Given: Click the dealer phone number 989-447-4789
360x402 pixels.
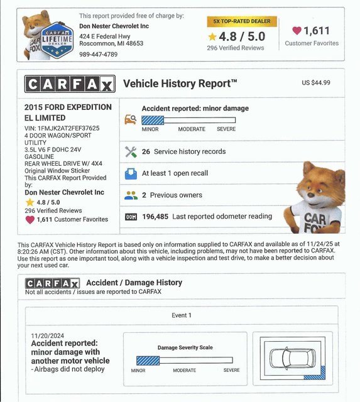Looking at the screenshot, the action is (99, 55).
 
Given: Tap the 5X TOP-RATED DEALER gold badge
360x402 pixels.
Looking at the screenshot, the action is (242, 21).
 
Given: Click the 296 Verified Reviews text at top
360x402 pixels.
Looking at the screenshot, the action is (236, 48).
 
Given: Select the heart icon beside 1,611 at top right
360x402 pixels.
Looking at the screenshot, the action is (297, 30).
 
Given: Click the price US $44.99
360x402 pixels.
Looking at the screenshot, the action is (316, 82).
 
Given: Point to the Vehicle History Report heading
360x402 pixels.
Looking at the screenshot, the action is (180, 84).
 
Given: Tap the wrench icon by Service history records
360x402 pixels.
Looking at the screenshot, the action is (131, 151).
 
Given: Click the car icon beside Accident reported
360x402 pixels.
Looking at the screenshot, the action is (131, 119).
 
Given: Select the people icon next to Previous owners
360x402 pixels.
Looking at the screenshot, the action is (131, 195).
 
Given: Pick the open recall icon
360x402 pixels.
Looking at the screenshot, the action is (131, 173).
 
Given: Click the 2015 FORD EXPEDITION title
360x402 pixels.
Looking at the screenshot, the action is (68, 107).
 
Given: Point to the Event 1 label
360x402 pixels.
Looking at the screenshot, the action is (181, 315).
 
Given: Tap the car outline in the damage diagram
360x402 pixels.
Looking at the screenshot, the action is (293, 359).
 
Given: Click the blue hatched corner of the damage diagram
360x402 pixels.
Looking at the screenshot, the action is (314, 376).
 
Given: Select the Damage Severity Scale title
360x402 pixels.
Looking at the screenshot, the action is (184, 347).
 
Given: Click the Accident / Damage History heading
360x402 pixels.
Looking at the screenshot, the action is (134, 283).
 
